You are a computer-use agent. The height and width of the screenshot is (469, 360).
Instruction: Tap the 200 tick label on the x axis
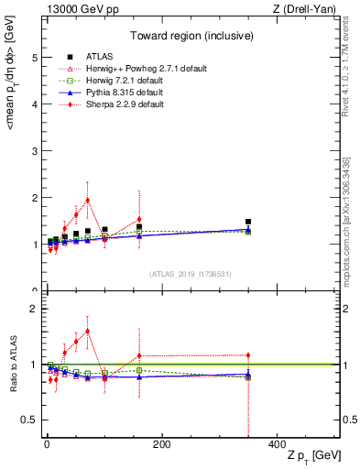pyautogui.click(x=161, y=444)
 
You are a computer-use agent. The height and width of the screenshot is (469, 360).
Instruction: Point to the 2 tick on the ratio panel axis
pyautogui.click(x=35, y=309)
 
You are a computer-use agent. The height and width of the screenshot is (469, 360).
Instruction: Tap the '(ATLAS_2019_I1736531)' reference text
pyautogui.click(x=190, y=274)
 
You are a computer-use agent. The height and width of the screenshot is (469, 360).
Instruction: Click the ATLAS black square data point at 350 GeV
pyautogui.click(x=248, y=222)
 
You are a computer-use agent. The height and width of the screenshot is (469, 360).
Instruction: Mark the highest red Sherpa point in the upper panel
pyautogui.click(x=87, y=200)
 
